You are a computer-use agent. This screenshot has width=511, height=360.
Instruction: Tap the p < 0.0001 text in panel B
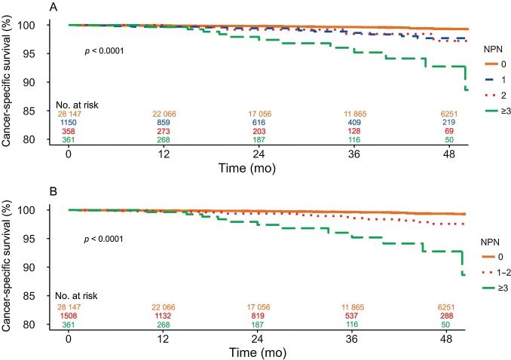click(103, 239)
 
